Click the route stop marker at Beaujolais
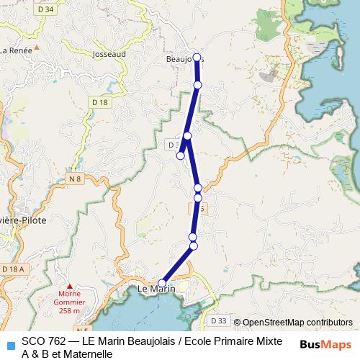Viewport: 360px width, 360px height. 197,58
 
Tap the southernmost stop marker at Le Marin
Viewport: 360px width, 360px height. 162,283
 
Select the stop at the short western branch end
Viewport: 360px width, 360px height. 181,155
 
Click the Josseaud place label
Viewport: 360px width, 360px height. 110,54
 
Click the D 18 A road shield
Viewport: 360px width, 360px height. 13,269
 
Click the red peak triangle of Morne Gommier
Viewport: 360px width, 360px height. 69,286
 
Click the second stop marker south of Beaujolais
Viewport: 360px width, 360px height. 187,136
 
